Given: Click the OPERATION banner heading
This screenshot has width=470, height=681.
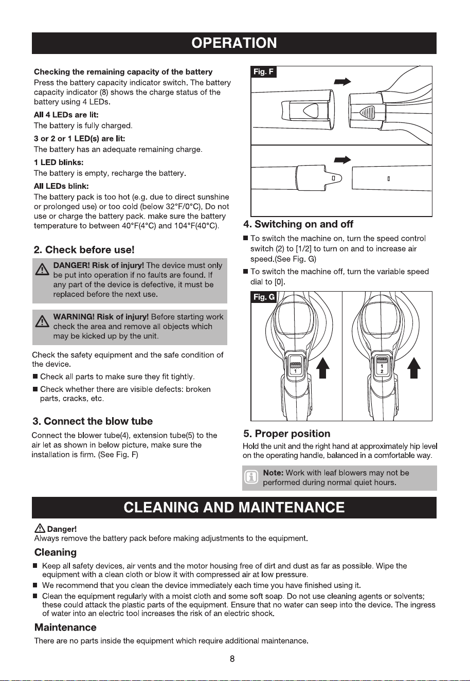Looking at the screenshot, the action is coord(234,43).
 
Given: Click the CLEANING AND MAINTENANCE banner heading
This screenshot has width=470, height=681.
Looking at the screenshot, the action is coord(234,507).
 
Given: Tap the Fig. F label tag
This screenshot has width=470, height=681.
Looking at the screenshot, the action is coord(264,71).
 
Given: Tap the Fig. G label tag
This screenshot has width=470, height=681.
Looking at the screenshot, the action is coord(264,297).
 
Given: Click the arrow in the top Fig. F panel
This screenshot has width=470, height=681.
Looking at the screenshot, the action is coord(342,81).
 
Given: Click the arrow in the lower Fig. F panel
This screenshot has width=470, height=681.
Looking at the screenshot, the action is coord(342,159).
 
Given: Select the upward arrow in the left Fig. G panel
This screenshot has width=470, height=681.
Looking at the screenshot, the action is coord(322,368).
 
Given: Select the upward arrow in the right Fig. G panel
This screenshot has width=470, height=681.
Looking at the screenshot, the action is coord(414,368).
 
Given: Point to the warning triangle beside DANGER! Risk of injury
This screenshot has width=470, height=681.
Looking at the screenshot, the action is coord(42,269).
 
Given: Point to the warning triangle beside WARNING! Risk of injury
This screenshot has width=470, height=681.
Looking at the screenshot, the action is coord(42,321).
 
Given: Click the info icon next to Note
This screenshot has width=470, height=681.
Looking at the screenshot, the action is coord(251,478).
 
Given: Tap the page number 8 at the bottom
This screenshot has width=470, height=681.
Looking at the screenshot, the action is coord(232,659).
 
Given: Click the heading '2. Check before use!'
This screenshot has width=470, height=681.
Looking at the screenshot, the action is coord(84,250).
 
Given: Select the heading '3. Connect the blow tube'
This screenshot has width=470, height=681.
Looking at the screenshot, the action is coord(93,421).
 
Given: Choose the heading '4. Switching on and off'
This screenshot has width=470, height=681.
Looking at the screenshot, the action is coord(298,224).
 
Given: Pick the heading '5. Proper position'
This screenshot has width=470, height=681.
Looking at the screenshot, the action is coord(287,434).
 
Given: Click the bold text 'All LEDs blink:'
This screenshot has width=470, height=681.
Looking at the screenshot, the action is coord(61,186).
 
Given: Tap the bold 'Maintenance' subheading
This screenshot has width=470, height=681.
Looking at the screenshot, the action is coord(65,627).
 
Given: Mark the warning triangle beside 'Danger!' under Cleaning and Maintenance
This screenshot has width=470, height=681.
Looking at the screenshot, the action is coord(40,529).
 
